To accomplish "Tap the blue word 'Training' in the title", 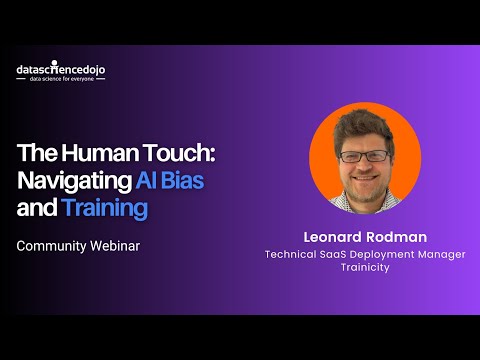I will click(104, 208).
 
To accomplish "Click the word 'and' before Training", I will click(36, 208).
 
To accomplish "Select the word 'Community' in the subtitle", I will click(49, 244).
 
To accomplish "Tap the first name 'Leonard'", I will click(330, 237).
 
